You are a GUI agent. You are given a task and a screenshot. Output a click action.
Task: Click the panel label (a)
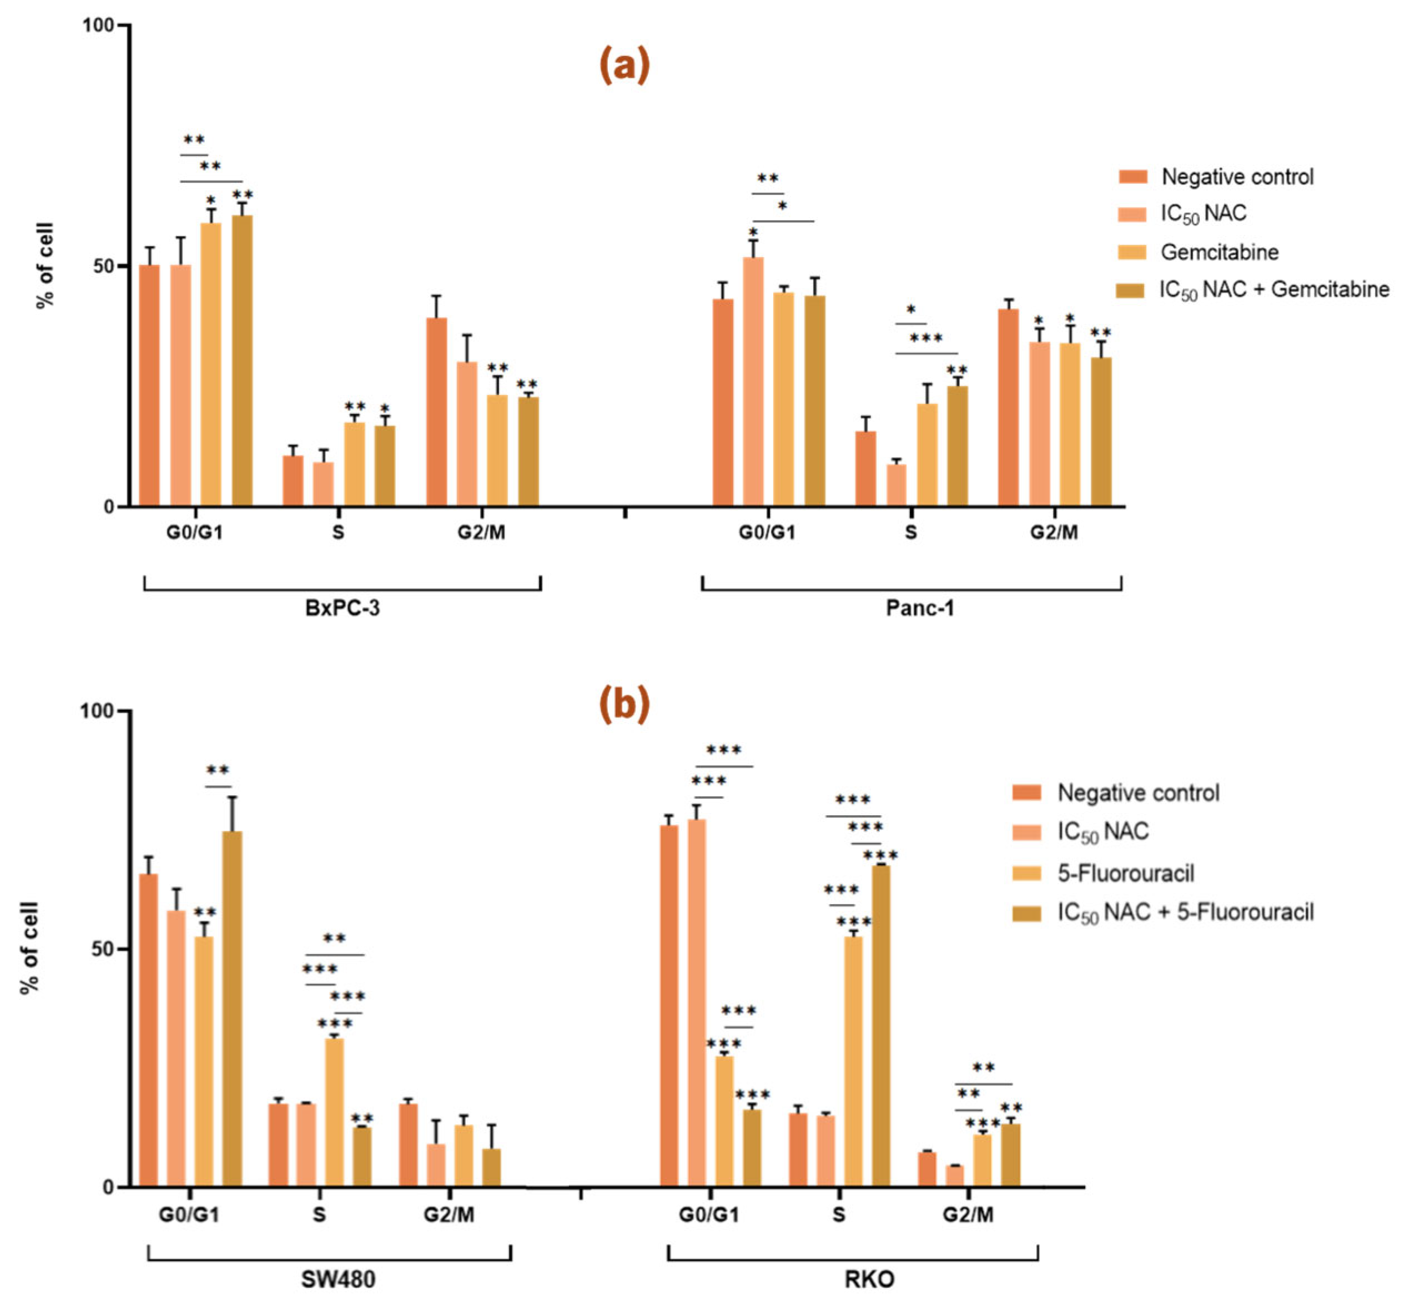623,66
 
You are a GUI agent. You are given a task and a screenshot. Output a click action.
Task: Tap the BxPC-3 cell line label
342,608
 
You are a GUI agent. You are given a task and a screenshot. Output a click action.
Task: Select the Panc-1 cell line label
920,608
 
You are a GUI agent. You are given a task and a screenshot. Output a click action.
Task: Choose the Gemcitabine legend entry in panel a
1219,252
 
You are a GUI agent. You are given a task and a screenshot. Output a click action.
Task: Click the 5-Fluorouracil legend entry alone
1125,874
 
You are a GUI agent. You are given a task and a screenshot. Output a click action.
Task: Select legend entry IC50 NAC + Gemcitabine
1273,289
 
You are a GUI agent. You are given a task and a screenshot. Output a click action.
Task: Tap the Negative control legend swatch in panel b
1026,793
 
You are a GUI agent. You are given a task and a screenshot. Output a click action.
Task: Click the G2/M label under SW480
449,1215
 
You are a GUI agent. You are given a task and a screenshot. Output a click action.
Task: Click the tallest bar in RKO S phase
881,1025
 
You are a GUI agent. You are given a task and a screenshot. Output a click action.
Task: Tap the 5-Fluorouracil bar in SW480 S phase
334,1113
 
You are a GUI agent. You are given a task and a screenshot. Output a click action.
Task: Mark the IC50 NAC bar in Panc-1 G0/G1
753,381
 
